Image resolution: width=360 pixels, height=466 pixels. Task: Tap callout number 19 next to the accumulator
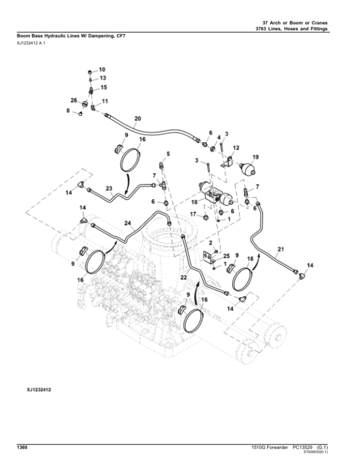point(255,157)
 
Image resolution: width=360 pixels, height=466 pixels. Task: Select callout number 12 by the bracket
point(236,147)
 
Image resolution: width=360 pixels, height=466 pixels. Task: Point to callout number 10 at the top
point(101,70)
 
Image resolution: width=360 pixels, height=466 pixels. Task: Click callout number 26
point(74,100)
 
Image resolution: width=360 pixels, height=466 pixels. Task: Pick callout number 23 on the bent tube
point(109,188)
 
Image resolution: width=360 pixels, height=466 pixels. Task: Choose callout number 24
point(127,223)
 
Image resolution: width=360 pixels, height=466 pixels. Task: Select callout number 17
point(193,214)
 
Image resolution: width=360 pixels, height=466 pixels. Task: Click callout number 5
point(168,154)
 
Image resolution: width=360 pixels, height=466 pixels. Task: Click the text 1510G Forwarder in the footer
point(265,447)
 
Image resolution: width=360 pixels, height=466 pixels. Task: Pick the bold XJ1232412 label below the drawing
point(37,390)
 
